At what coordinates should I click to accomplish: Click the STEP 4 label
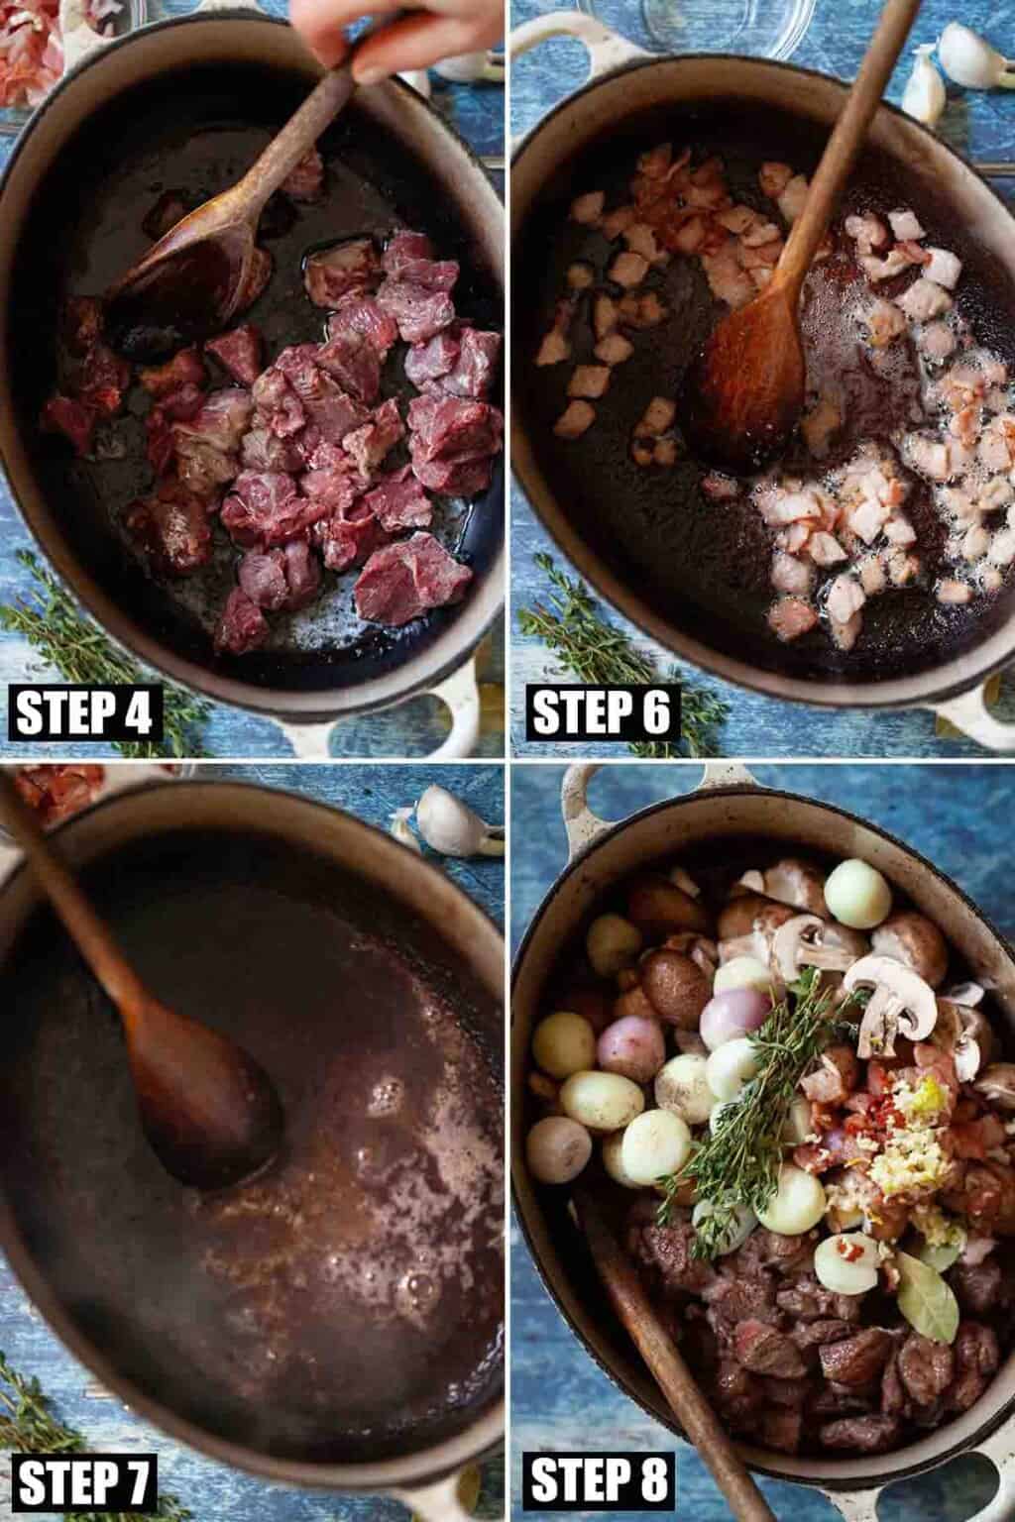pyautogui.click(x=85, y=712)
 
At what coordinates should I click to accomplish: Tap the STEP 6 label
pyautogui.click(x=602, y=712)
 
